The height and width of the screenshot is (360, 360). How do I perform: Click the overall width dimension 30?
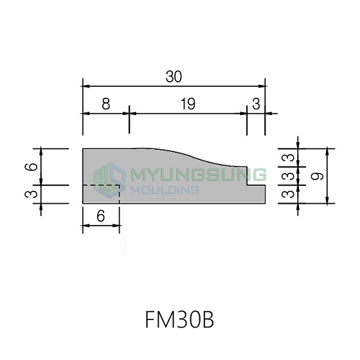click(x=174, y=76)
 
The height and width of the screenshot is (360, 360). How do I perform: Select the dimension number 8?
click(x=106, y=104)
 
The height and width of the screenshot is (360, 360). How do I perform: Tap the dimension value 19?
click(x=188, y=104)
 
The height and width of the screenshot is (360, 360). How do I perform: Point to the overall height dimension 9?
click(x=317, y=176)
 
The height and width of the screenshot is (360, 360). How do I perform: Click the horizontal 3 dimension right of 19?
click(x=256, y=104)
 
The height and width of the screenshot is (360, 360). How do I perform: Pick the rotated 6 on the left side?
click(x=32, y=166)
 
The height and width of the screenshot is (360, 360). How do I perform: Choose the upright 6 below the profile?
click(x=101, y=216)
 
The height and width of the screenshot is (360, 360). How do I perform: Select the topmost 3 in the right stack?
click(x=288, y=157)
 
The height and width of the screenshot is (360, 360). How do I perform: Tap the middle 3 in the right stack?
click(x=288, y=176)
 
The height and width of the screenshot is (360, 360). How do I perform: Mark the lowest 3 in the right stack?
click(x=288, y=194)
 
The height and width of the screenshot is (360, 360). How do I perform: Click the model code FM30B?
click(x=180, y=320)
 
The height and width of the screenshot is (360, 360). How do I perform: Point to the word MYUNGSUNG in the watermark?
click(x=199, y=174)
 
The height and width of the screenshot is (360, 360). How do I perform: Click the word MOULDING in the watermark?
click(x=165, y=190)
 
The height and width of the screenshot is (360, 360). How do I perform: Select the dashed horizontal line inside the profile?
click(x=102, y=185)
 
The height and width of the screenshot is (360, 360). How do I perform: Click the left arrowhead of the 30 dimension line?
click(x=85, y=86)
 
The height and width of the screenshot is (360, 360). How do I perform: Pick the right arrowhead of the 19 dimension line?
click(x=244, y=113)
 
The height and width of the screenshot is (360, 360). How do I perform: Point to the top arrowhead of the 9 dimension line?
click(x=328, y=152)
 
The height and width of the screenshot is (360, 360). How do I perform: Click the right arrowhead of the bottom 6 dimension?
click(x=116, y=226)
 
